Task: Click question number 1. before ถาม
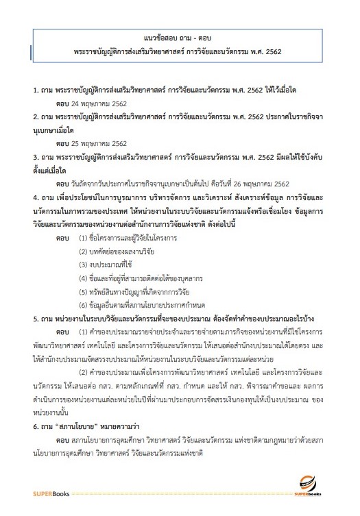36,89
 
